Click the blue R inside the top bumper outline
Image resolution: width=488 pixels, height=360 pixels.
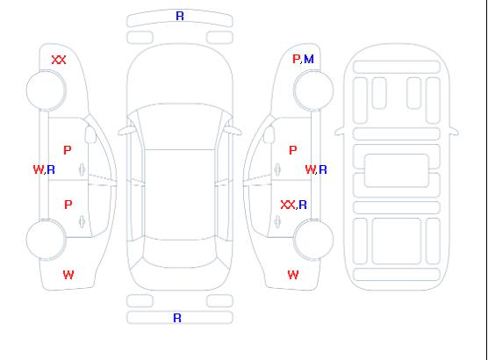click(180, 16)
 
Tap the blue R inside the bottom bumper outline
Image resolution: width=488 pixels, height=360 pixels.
click(177, 318)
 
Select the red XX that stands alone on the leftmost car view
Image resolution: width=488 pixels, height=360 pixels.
click(59, 60)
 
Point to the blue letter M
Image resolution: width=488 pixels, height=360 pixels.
click(309, 59)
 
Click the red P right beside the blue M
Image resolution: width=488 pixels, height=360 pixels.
click(296, 59)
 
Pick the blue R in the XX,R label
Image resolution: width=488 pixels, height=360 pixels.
click(303, 205)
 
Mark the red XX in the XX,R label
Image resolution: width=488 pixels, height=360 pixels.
click(288, 205)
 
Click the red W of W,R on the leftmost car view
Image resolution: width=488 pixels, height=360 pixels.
click(39, 169)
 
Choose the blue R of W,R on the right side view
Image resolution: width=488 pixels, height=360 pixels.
click(323, 169)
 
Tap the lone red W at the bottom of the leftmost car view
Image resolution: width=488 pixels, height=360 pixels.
click(68, 275)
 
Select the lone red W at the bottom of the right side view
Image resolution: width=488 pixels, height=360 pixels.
click(293, 275)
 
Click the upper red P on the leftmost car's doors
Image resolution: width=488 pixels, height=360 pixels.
click(68, 150)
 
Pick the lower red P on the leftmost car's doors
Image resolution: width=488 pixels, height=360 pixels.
click(68, 205)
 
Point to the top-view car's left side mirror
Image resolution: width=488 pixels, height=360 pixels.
click(126, 131)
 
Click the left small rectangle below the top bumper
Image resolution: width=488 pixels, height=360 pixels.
click(140, 38)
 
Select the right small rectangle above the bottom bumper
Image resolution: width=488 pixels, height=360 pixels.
click(219, 301)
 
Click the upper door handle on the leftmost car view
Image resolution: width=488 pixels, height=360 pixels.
click(82, 169)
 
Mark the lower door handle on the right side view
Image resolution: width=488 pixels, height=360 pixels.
click(277, 222)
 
